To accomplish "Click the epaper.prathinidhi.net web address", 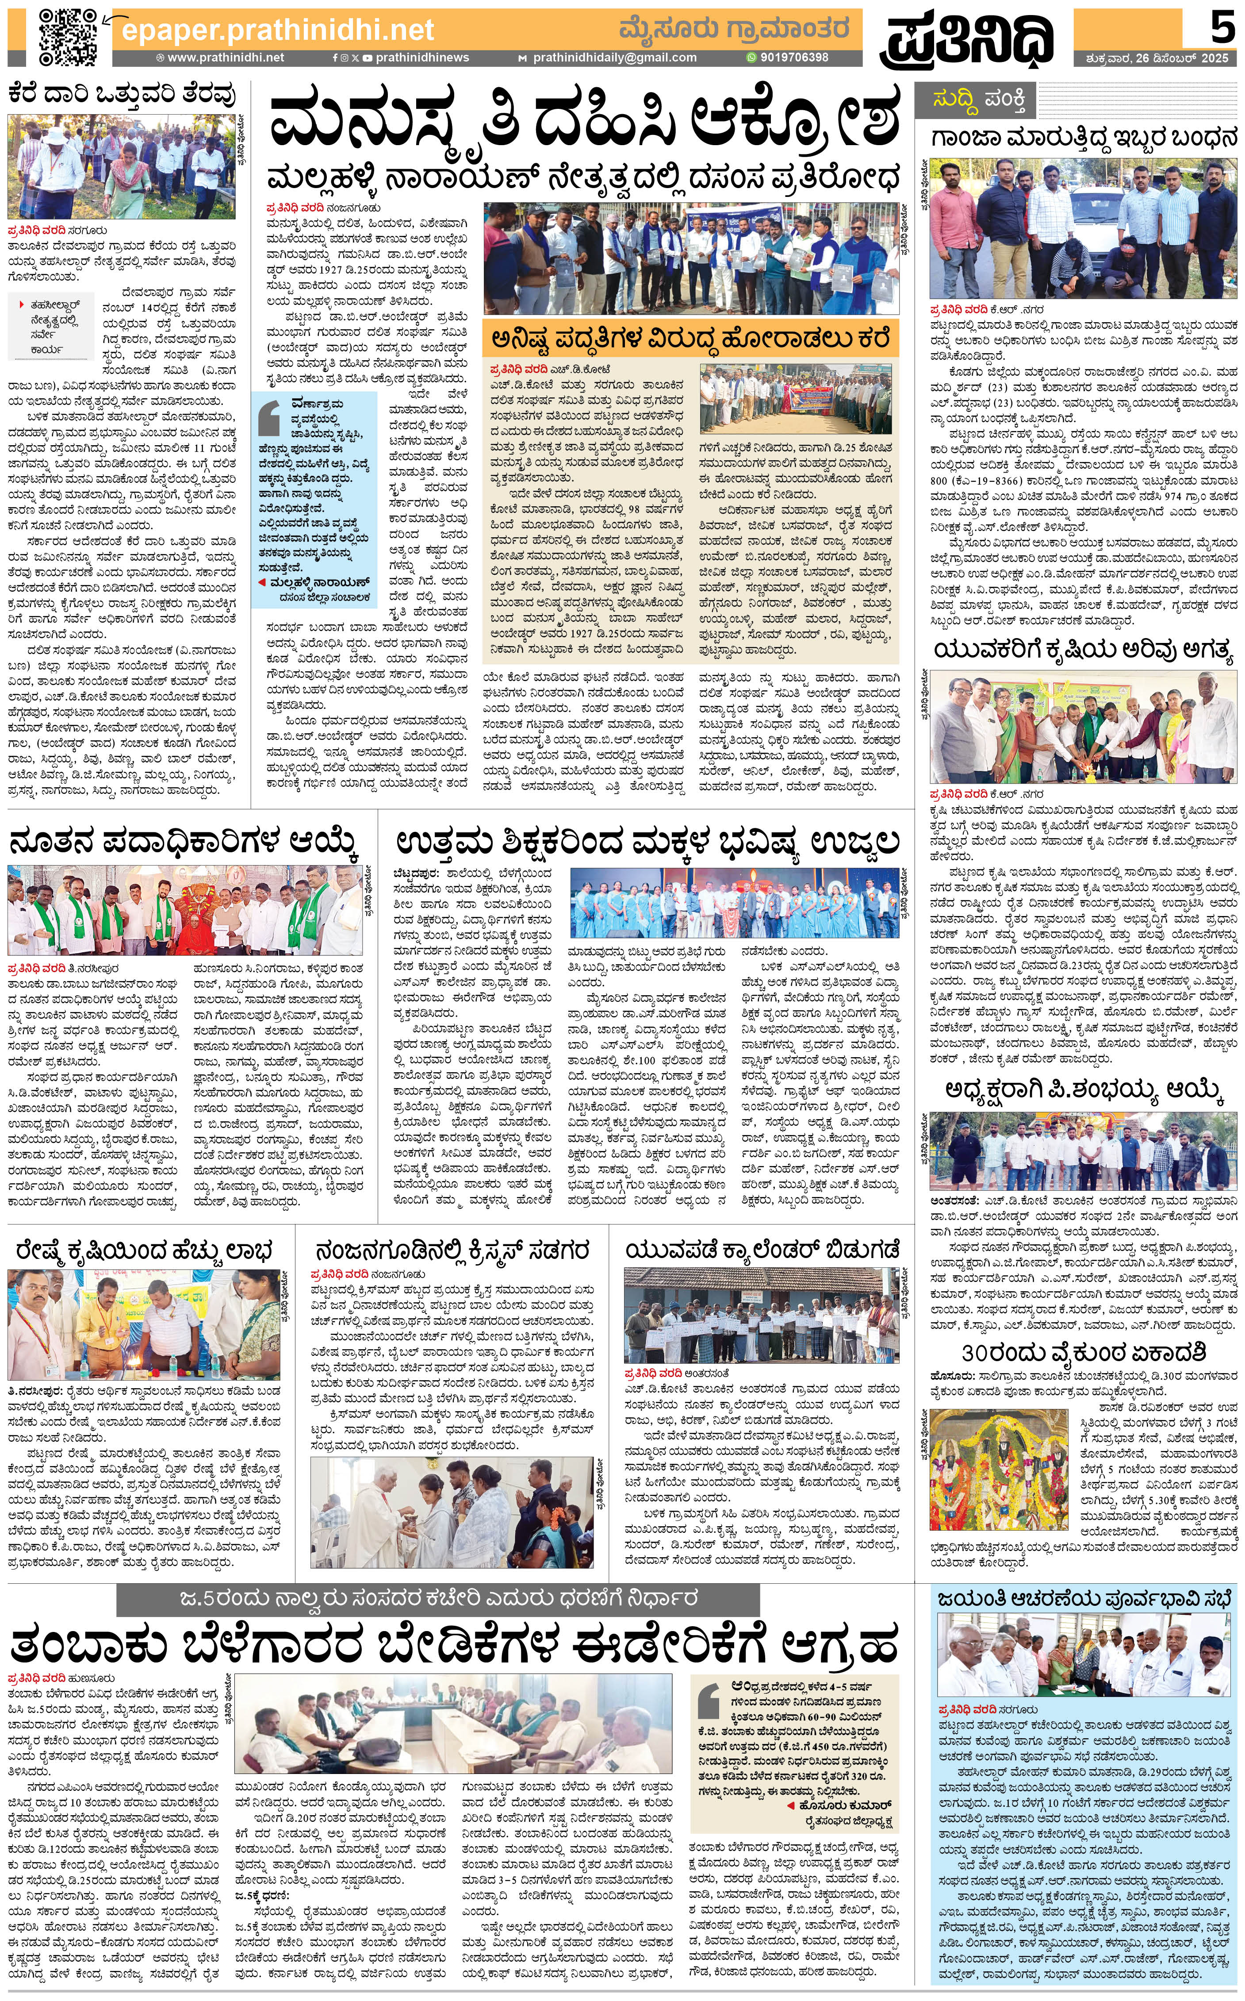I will point(277,31).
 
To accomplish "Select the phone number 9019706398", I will point(794,58).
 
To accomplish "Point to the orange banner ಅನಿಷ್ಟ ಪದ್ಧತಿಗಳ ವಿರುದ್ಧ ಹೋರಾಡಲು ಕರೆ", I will point(690,339).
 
